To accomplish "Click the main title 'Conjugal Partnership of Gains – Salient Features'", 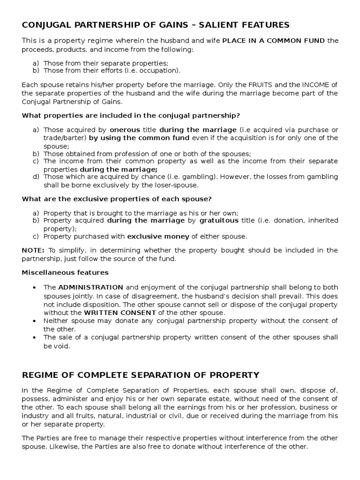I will click(x=156, y=25).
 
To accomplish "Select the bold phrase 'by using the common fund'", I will click(x=139, y=138).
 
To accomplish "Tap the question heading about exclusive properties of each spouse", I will click(x=117, y=199).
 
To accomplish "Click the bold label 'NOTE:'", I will click(x=33, y=250).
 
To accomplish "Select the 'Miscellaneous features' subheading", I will click(x=65, y=272).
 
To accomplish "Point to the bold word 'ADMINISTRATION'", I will click(x=90, y=287).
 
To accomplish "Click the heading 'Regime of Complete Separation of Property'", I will click(x=141, y=375).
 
